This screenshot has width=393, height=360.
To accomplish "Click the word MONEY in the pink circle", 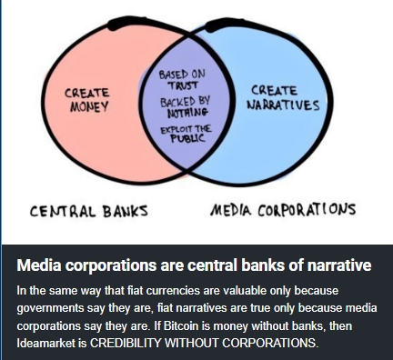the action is [89, 106].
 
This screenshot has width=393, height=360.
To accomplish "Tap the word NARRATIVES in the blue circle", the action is [283, 105].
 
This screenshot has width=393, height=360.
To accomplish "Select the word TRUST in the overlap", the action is [184, 85].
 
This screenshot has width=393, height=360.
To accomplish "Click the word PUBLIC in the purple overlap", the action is [187, 138].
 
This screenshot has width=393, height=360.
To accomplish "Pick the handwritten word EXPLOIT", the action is [176, 130].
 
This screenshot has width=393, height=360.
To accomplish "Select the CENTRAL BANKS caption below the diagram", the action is [89, 211].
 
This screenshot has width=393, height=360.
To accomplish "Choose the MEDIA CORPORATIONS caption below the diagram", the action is [283, 210].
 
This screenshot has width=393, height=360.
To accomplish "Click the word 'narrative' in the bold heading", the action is [339, 265].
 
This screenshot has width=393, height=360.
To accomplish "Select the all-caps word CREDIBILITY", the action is [126, 343].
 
